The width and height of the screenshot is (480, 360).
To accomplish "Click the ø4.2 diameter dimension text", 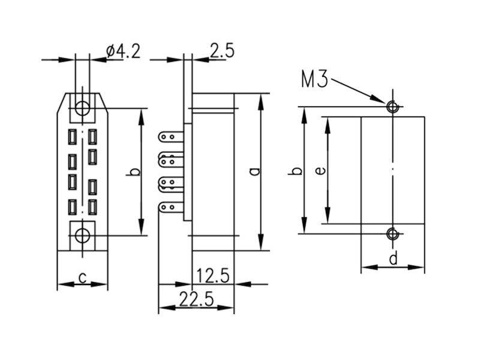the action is tap(124, 52).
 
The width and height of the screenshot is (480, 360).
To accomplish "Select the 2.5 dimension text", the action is tap(222, 50).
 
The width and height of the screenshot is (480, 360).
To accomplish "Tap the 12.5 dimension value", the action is tap(212, 275).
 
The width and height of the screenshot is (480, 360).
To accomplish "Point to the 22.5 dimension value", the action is tap(196, 299).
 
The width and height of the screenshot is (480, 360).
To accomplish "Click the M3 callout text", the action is tap(314, 80).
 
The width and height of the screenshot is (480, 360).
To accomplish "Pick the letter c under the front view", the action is tap(82, 278).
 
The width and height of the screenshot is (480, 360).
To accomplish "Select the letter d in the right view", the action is tap(394, 258).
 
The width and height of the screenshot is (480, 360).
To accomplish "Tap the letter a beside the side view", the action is tap(254, 172).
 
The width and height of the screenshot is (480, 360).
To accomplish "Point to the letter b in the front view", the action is tap(133, 172).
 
